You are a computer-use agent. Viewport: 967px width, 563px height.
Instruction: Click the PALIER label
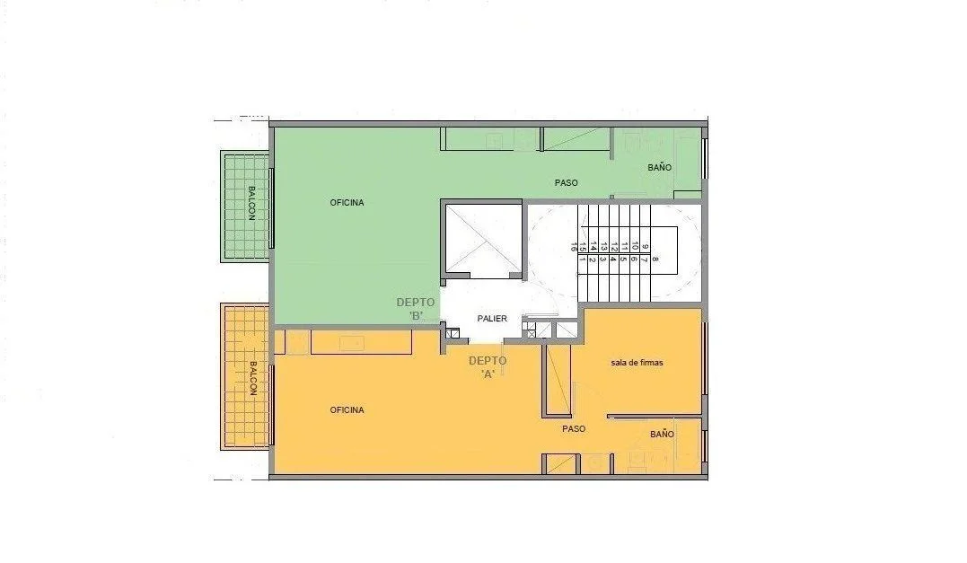(492, 318)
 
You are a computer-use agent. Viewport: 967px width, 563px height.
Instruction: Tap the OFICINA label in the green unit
(347, 202)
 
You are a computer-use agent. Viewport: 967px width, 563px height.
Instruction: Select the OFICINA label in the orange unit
(347, 409)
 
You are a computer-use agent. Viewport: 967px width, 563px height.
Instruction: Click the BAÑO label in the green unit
(659, 167)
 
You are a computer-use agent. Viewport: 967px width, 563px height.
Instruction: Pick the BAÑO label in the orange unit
(662, 434)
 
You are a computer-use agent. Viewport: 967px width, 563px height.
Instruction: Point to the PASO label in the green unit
(567, 182)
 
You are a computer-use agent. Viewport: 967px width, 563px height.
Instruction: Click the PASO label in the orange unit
(574, 428)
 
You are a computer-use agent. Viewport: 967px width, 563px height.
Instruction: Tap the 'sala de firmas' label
(637, 363)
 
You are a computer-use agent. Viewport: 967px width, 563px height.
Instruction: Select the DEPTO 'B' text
(416, 309)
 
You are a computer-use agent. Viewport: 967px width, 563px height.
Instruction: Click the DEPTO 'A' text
(488, 367)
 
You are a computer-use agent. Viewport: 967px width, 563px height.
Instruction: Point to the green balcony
(245, 206)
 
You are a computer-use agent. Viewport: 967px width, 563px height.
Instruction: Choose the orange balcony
(245, 376)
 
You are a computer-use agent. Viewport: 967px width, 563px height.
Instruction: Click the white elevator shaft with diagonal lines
(483, 239)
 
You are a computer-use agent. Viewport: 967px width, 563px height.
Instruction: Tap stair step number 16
(574, 247)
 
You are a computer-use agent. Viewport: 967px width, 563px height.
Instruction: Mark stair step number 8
(655, 259)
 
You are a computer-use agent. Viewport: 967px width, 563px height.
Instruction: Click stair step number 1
(582, 259)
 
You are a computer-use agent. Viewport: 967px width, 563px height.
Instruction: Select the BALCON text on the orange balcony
(253, 379)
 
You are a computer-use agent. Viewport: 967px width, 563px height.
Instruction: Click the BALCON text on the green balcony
(251, 203)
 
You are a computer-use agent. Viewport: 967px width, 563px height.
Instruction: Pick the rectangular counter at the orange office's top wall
(362, 342)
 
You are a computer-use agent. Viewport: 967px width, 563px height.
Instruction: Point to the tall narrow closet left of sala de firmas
(558, 381)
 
